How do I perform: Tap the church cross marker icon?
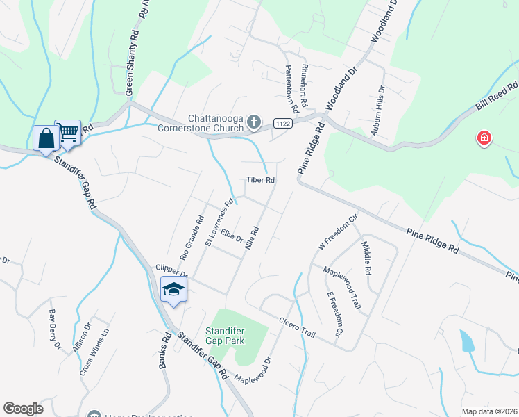254,123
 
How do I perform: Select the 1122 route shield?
282,122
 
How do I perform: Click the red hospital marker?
484,139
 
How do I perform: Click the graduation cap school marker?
173,290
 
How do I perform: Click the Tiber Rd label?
261,180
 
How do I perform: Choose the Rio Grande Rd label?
192,238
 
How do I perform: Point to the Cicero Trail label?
298,326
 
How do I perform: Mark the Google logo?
23,409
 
